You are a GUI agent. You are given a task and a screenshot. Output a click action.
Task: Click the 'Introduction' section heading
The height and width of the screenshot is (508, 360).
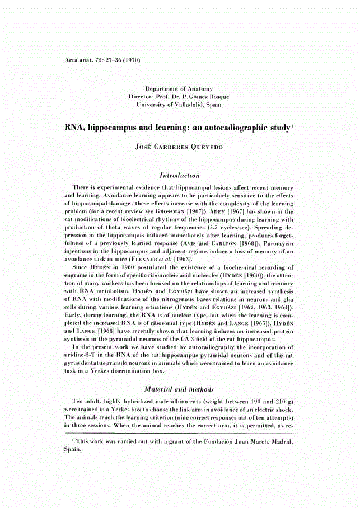[x=179, y=175]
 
